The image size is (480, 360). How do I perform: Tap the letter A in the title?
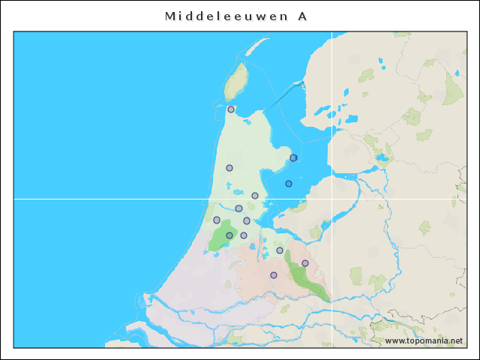pyautogui.click(x=301, y=16)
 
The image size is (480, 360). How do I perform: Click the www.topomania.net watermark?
pyautogui.click(x=424, y=340)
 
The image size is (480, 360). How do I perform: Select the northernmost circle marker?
pyautogui.click(x=231, y=109)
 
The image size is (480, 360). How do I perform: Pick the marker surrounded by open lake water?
pyautogui.click(x=289, y=184)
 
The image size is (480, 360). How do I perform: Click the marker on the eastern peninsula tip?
pyautogui.click(x=294, y=157)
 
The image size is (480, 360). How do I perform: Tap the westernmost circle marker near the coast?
pyautogui.click(x=217, y=220)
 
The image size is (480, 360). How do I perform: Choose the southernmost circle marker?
pyautogui.click(x=274, y=275)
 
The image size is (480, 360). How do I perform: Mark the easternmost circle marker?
pyautogui.click(x=305, y=263)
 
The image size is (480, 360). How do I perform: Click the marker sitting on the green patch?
pyautogui.click(x=229, y=235)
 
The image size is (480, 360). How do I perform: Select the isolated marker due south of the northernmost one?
pyautogui.click(x=229, y=168)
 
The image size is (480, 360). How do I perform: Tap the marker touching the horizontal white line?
pyautogui.click(x=255, y=196)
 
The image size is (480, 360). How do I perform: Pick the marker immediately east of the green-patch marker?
pyautogui.click(x=244, y=235)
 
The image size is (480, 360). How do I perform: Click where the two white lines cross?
pyautogui.click(x=332, y=199)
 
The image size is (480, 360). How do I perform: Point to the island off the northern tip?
pyautogui.click(x=238, y=80)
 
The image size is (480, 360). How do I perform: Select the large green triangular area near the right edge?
pyautogui.click(x=452, y=89)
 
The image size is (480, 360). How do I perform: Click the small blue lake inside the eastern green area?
pyautogui.click(x=384, y=158)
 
